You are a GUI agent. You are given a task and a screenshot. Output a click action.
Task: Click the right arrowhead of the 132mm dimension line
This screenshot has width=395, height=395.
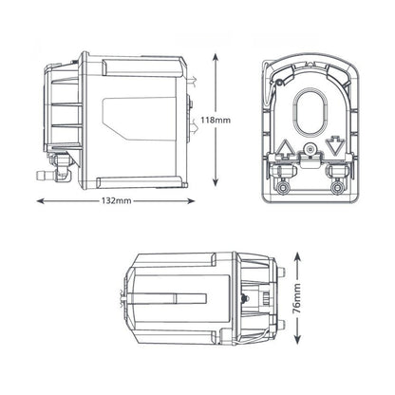(197, 202)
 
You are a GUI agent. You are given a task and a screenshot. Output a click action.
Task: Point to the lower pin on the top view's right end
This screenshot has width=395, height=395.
(283, 325)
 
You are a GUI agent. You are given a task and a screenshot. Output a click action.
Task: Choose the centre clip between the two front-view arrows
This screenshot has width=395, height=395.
(310, 152)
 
